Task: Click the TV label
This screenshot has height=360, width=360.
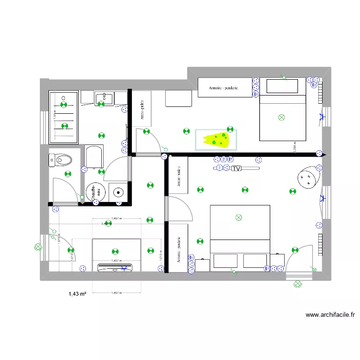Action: (236, 168)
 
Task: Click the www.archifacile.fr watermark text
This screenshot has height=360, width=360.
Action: (330, 315)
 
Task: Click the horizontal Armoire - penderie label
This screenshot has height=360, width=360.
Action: (224, 88)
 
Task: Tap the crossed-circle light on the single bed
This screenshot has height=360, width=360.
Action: (282, 117)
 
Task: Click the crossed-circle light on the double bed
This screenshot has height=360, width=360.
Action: (239, 218)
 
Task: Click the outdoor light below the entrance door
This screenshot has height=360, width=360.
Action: (298, 285)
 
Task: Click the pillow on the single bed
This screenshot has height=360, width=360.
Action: (282, 86)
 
